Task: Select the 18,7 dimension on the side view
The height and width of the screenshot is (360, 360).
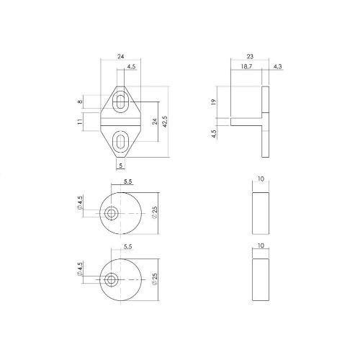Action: click(x=245, y=67)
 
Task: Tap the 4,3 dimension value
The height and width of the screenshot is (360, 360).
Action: click(x=278, y=67)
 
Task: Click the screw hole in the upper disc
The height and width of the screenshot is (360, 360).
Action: click(x=112, y=214)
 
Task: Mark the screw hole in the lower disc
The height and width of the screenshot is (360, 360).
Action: click(x=112, y=279)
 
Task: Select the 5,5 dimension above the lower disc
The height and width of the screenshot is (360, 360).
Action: click(x=127, y=247)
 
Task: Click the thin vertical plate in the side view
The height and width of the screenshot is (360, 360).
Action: click(x=266, y=122)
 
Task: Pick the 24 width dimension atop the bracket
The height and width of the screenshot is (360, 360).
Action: click(x=122, y=55)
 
